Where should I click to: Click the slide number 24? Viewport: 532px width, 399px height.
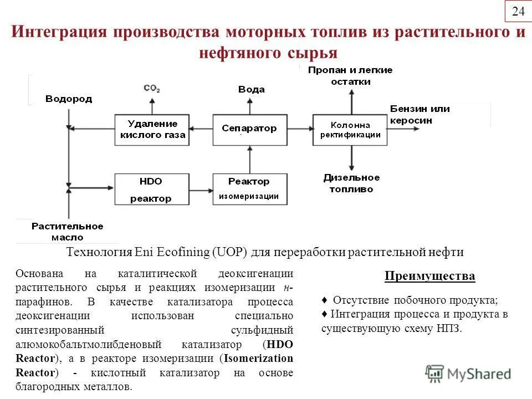click(x=518, y=12)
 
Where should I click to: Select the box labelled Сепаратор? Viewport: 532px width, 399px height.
click(x=249, y=129)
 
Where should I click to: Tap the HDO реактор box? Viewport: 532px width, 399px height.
click(x=151, y=189)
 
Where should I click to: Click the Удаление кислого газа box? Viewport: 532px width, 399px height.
click(x=152, y=130)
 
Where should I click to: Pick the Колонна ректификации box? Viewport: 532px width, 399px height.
click(x=350, y=130)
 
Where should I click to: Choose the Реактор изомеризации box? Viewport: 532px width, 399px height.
click(x=249, y=189)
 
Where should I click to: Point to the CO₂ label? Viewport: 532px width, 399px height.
click(x=151, y=88)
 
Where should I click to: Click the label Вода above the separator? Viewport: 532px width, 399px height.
click(x=251, y=89)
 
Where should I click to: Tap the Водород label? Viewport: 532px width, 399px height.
click(x=69, y=99)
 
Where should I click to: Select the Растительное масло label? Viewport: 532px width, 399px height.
click(x=67, y=232)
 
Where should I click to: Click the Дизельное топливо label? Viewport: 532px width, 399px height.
click(x=351, y=183)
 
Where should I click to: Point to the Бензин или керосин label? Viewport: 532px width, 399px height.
click(x=420, y=115)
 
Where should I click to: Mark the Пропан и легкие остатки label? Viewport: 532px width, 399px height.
click(x=350, y=76)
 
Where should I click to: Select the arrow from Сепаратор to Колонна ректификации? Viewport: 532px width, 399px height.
click(x=300, y=129)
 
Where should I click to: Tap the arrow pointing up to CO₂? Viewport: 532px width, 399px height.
click(x=151, y=104)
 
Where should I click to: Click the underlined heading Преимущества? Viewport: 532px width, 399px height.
click(x=430, y=276)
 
